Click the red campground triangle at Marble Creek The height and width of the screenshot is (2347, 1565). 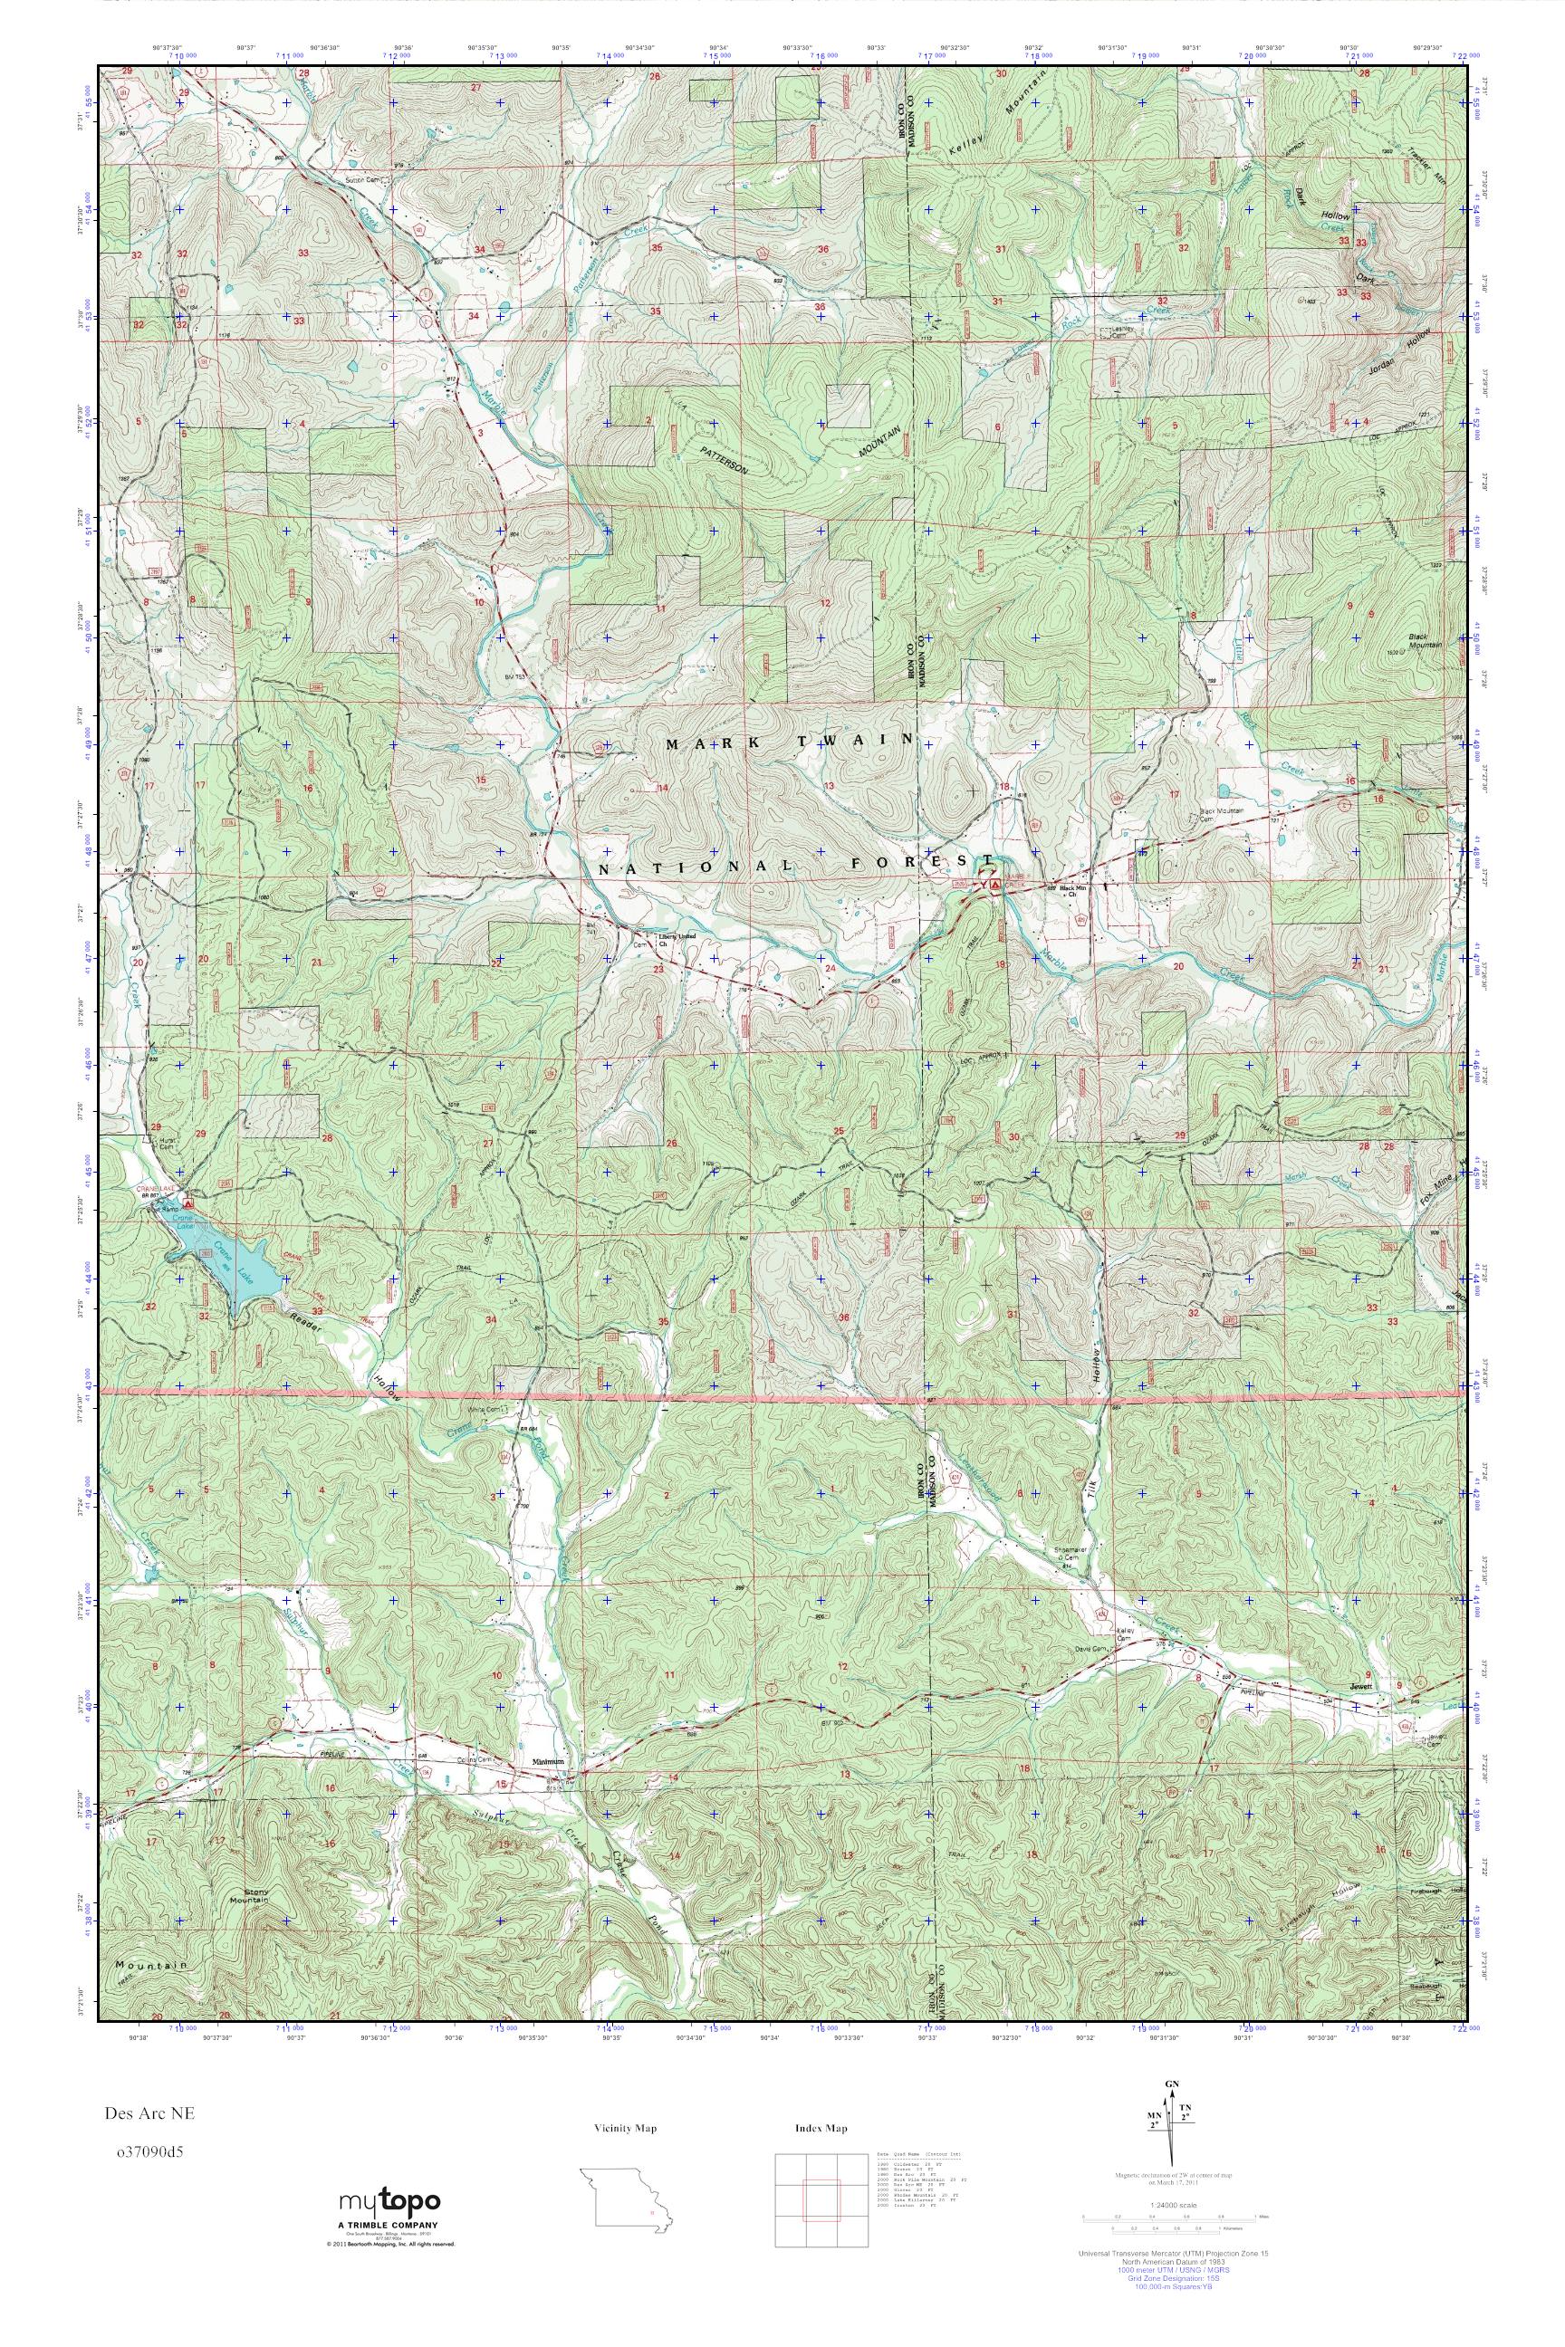pyautogui.click(x=995, y=884)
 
